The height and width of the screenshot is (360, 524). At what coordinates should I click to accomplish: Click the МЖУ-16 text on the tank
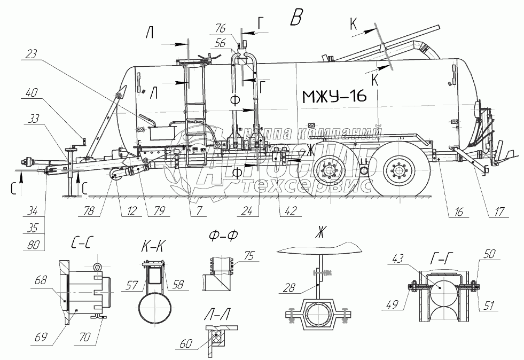[x=334, y=97]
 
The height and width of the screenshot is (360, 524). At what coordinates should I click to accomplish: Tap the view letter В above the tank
[x=295, y=17]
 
